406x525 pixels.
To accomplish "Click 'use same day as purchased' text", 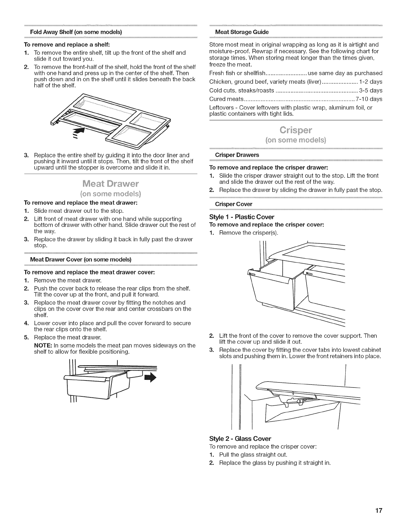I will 345,73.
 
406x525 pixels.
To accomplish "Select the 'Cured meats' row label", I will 227,99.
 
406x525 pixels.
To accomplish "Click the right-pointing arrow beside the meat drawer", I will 150,377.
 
